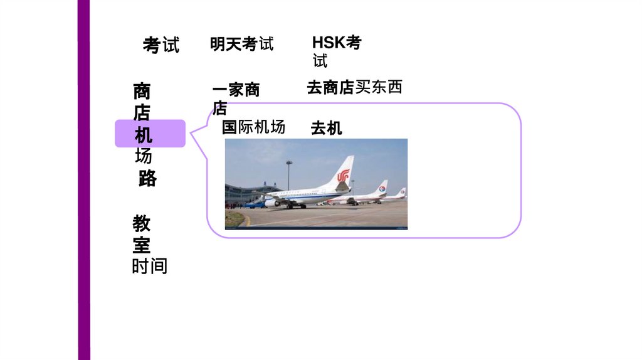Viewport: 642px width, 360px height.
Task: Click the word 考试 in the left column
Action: [x=160, y=45]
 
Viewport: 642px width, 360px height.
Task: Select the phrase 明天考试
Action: [x=241, y=44]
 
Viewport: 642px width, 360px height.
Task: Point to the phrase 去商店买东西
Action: [x=354, y=87]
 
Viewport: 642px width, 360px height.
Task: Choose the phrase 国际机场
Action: [x=253, y=127]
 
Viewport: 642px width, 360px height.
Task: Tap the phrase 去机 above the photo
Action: [x=326, y=129]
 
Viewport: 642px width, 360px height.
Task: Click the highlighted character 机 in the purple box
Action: [x=144, y=135]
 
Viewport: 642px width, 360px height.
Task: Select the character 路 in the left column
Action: [x=147, y=178]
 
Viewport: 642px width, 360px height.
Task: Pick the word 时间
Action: [x=149, y=267]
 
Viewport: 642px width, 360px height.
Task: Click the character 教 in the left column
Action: [x=141, y=223]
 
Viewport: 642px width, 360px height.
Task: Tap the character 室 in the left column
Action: [x=141, y=245]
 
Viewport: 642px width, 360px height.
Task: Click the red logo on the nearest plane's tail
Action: [x=342, y=176]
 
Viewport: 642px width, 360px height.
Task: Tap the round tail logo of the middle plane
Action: [x=382, y=188]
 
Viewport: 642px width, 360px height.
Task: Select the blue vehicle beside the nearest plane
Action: [x=254, y=203]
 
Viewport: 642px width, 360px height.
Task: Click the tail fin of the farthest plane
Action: [x=402, y=192]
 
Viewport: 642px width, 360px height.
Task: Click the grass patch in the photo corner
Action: [x=233, y=218]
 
